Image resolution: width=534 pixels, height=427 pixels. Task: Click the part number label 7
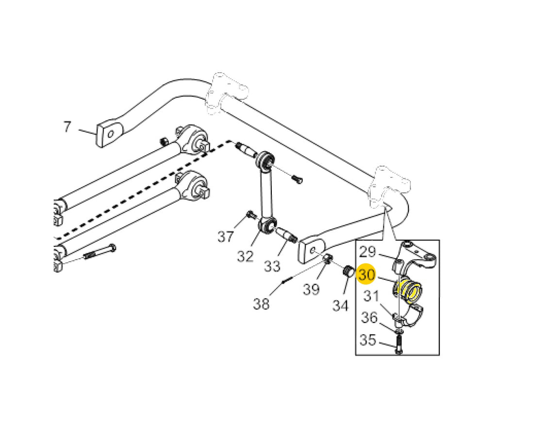pyautogui.click(x=67, y=127)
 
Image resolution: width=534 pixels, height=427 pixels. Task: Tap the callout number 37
pyautogui.click(x=226, y=236)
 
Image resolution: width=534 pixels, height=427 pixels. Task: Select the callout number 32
pyautogui.click(x=245, y=256)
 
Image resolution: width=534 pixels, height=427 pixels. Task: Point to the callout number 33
pyautogui.click(x=272, y=266)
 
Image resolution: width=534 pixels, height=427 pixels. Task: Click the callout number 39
pyautogui.click(x=311, y=289)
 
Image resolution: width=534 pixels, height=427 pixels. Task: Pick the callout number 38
pyautogui.click(x=261, y=303)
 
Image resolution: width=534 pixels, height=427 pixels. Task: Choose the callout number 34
pyautogui.click(x=341, y=305)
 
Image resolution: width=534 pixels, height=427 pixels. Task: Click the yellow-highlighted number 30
pyautogui.click(x=367, y=274)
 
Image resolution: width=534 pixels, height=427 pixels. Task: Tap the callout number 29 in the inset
pyautogui.click(x=367, y=252)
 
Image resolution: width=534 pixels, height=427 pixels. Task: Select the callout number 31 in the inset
pyautogui.click(x=371, y=296)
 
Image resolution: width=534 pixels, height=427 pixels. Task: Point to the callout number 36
pyautogui.click(x=369, y=317)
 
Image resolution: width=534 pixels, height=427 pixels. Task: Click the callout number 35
pyautogui.click(x=368, y=339)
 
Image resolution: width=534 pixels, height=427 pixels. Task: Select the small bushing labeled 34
pyautogui.click(x=348, y=271)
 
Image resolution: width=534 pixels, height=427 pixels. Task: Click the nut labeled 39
pyautogui.click(x=328, y=259)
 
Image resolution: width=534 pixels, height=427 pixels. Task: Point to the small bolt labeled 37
pyautogui.click(x=251, y=215)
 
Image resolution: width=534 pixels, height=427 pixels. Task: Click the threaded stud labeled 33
pyautogui.click(x=286, y=235)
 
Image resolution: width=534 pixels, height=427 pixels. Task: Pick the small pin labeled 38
pyautogui.click(x=287, y=280)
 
